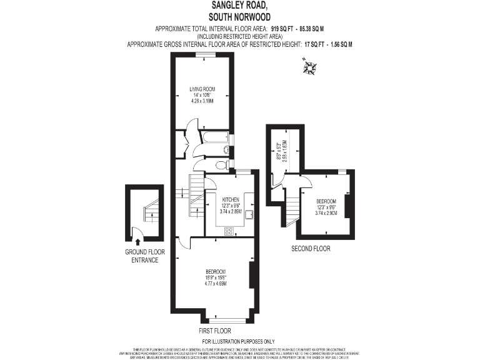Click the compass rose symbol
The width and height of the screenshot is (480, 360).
tap(309, 67)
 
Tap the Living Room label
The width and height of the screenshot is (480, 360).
tap(202, 89)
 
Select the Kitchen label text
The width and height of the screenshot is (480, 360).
tap(230, 199)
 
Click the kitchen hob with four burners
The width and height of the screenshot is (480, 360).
tap(229, 231)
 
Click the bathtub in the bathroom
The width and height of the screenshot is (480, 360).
tap(213, 137)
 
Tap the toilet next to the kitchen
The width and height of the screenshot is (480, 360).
tap(219, 166)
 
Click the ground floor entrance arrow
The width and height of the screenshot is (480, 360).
tap(137, 241)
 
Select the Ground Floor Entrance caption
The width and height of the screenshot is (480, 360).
tap(144, 256)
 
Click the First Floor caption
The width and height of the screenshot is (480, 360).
tap(214, 331)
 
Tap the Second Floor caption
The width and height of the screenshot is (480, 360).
tap(311, 249)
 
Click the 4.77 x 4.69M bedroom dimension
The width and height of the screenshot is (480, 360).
tap(215, 283)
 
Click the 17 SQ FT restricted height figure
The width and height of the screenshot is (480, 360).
tap(316, 44)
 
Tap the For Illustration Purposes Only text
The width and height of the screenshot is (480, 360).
tap(239, 341)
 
